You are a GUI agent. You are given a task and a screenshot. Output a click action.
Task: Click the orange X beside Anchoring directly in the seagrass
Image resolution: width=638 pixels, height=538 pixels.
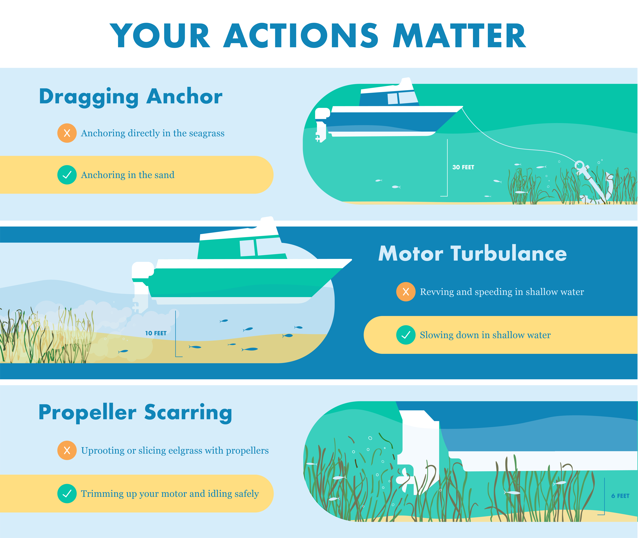67,133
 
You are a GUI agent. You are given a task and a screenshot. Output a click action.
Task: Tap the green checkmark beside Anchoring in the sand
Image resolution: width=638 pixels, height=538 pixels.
67,175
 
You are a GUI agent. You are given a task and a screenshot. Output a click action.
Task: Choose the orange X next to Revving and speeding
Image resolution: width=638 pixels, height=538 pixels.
406,292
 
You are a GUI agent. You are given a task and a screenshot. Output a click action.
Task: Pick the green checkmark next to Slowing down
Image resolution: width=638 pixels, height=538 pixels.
406,335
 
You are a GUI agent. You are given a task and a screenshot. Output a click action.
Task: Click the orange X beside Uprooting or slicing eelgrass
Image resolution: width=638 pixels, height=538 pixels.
67,450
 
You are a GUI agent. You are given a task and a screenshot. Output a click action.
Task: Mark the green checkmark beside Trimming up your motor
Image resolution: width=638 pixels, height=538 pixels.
67,493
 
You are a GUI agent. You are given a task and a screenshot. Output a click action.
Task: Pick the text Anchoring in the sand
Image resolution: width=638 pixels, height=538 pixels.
128,175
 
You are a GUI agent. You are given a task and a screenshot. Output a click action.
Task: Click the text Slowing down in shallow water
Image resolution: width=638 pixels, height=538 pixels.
485,335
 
